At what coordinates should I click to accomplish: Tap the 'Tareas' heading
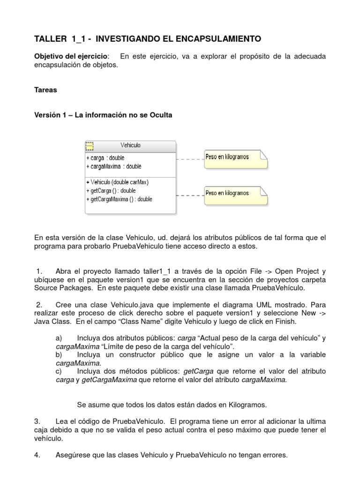coord(45,90)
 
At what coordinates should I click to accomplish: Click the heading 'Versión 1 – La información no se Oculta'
coord(103,115)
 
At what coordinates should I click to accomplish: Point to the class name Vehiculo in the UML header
coord(130,145)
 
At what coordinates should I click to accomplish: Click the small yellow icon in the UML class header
coord(90,146)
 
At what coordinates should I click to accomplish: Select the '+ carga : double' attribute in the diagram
coord(105,158)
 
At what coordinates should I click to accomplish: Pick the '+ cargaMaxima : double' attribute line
coord(114,166)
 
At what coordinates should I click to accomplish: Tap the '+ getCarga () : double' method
coord(111,190)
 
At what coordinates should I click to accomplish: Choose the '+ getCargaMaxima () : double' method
coord(119,199)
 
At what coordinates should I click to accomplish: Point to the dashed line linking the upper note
coord(190,159)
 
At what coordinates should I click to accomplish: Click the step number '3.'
coord(37,421)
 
